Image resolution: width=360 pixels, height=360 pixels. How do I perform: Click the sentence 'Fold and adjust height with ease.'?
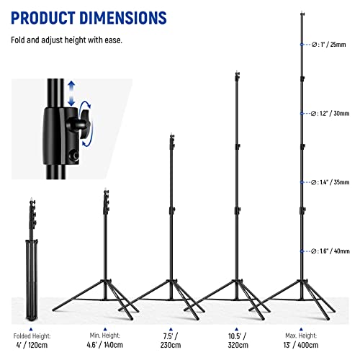[66, 40]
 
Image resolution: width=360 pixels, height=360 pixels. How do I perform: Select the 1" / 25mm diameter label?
[328, 45]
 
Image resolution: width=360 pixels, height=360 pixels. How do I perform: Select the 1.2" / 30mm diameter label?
[328, 114]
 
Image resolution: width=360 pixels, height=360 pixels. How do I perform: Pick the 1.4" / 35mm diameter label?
[328, 183]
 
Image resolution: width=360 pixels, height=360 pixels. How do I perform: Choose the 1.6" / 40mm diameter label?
[328, 251]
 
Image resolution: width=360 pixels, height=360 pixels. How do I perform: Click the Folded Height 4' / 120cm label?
[31, 340]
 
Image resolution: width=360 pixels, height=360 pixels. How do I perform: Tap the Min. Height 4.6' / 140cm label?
[105, 340]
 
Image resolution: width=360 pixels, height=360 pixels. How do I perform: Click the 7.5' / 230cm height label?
[171, 340]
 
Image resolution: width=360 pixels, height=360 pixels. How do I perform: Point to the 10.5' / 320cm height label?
[238, 340]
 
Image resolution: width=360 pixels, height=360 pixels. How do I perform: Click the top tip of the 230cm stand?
[171, 135]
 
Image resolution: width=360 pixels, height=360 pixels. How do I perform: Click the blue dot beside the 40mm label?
[302, 251]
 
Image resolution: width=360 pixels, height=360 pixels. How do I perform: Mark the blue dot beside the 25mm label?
[302, 45]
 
